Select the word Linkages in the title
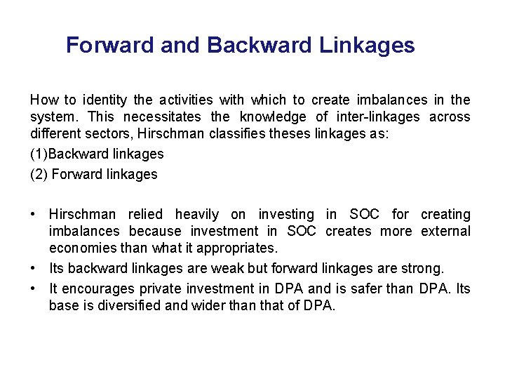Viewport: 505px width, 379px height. (x=367, y=46)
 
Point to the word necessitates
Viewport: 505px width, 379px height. (x=162, y=117)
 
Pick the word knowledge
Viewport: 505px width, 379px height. (x=274, y=117)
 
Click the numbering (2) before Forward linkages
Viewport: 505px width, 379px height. (x=39, y=174)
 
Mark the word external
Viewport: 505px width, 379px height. (x=445, y=231)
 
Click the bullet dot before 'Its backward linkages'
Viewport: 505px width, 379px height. (x=34, y=268)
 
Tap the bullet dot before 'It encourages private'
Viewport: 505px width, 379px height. (x=34, y=288)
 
